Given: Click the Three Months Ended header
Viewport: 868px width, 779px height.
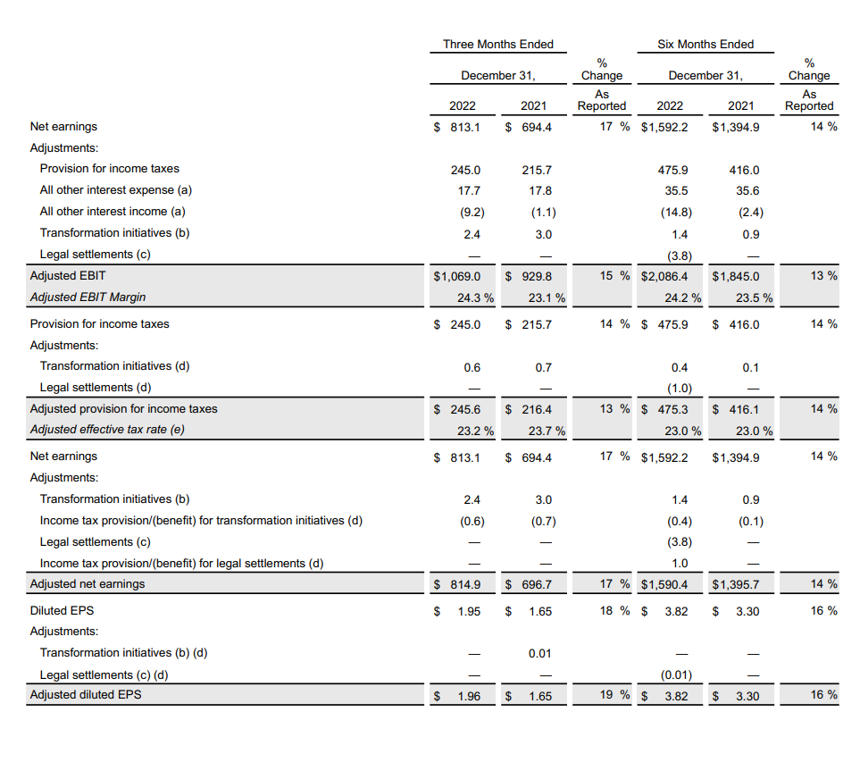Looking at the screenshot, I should point(497,44).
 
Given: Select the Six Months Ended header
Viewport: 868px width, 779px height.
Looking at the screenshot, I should point(705,44).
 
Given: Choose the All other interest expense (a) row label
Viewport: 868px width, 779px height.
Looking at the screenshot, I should point(116,189).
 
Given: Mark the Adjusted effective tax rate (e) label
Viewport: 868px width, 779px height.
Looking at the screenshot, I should point(113,430).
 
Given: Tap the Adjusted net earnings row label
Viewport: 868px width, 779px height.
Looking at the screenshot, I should point(88,584).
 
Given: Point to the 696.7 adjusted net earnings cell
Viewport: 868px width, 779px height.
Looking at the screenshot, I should point(536,584).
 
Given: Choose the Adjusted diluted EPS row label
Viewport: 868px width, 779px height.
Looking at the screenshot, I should point(86,695).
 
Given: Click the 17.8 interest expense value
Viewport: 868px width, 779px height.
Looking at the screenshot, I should point(540,190).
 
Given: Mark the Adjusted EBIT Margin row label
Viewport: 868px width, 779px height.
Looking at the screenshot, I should point(88,297).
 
